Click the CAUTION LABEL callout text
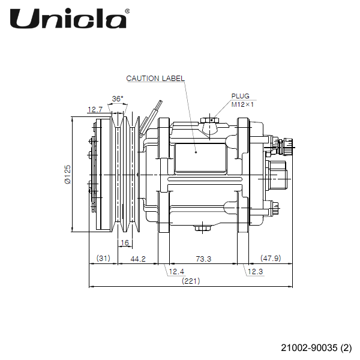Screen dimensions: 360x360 click(x=155, y=79)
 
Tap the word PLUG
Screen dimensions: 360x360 click(x=240, y=96)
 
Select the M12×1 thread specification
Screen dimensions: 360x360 click(x=243, y=104)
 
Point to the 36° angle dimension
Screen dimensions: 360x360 click(x=118, y=98)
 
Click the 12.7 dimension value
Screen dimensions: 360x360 click(x=95, y=110)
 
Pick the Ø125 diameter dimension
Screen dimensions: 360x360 click(x=68, y=174)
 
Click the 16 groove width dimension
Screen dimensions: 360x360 click(x=124, y=243)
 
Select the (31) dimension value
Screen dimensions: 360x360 click(x=103, y=258)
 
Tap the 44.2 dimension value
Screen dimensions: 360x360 click(x=139, y=258)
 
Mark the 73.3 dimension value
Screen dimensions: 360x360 click(x=203, y=258)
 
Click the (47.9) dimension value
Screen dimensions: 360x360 click(x=271, y=258)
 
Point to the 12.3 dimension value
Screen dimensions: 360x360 click(x=255, y=272)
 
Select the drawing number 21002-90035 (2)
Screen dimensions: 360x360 click(x=316, y=347)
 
